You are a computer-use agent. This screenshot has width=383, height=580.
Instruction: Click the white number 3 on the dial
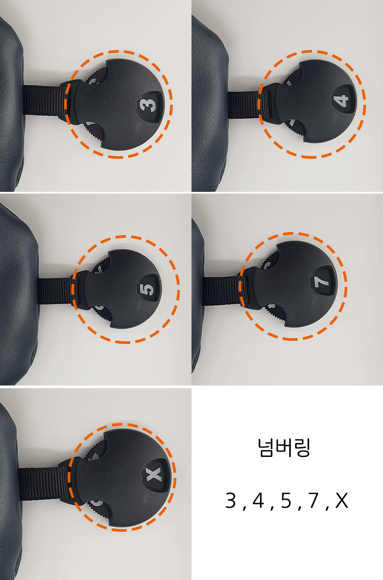point(148,105)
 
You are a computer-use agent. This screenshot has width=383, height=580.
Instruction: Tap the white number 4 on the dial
point(342,101)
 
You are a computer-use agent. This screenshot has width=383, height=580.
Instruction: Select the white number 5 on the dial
point(147,290)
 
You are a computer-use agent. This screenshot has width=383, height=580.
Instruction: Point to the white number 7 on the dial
point(321,281)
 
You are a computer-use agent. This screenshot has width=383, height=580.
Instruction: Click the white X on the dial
point(154,474)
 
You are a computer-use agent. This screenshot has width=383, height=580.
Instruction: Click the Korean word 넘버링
point(284,447)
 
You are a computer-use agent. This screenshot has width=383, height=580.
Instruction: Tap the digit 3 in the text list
point(231,500)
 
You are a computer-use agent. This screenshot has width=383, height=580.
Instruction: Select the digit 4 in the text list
point(258,500)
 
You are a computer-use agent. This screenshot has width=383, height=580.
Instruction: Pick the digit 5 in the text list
point(286,500)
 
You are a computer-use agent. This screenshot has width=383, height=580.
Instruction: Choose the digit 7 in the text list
point(313,500)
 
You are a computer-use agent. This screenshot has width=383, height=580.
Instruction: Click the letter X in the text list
point(342,500)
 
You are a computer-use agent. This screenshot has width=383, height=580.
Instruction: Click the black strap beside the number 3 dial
point(45,100)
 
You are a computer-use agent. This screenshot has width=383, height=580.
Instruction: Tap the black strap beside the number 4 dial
point(244,104)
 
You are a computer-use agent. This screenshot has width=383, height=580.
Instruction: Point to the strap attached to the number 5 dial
point(55,291)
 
